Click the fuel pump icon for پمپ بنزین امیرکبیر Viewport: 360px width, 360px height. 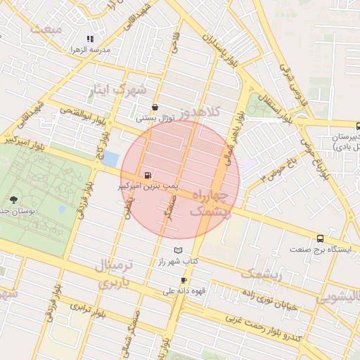(x=147, y=175)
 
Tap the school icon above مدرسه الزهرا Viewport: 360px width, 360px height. (x=89, y=39)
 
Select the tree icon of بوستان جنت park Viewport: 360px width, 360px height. (x=13, y=200)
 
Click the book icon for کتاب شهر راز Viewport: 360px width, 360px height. (x=178, y=250)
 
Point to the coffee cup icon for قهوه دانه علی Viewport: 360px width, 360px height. (x=184, y=280)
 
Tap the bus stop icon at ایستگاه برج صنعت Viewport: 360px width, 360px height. (x=321, y=238)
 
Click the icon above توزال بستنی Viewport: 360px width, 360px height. (x=155, y=108)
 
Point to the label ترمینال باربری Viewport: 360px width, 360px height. (x=112, y=275)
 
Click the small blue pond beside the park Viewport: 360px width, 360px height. (x=110, y=159)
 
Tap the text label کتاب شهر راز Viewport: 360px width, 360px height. (x=179, y=262)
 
